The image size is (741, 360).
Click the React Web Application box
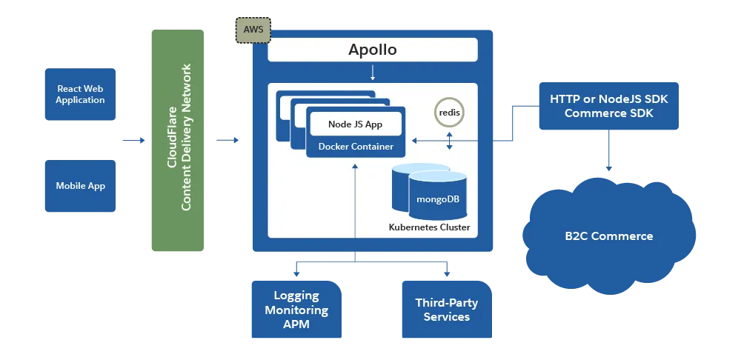coord(80,94)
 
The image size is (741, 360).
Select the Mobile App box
coord(80,186)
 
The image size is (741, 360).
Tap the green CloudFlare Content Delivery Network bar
coord(178,141)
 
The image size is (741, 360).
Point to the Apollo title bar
coord(372,50)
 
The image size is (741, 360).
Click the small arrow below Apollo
coord(372,73)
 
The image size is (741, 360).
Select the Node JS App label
coord(355,124)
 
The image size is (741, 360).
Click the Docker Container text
coord(356,147)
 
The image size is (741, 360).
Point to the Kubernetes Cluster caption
coord(429,227)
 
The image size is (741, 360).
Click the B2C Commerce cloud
coord(608,236)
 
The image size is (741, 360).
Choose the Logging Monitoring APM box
coord(296,310)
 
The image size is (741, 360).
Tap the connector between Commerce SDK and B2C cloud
coord(608,152)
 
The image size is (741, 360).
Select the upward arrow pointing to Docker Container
coord(355,200)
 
